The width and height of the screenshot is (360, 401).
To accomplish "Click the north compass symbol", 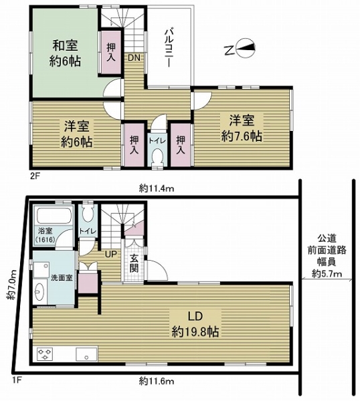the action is (240, 49).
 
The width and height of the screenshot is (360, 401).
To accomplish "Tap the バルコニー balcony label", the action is (168, 48).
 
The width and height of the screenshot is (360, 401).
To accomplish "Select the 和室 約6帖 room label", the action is (65, 53).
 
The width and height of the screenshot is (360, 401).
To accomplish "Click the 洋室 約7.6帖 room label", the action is (242, 128).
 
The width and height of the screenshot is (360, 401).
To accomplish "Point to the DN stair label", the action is (134, 58).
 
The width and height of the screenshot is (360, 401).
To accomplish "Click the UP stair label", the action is (111, 254).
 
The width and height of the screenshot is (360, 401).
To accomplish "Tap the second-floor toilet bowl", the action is (157, 156).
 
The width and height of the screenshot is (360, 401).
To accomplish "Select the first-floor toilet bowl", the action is (88, 214).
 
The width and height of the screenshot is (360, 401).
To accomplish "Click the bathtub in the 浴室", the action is (54, 216).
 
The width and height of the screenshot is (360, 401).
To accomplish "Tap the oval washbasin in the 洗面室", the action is (39, 291).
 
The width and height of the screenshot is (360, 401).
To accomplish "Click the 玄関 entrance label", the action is (134, 263).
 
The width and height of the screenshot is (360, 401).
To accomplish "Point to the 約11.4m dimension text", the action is (157, 189).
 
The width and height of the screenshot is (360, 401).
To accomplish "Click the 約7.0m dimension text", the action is (12, 285).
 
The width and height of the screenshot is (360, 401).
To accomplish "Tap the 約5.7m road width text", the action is (327, 274).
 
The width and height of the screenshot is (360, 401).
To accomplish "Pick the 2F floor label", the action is (35, 176).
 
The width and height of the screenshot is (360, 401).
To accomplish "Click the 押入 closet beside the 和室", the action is (111, 52).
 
